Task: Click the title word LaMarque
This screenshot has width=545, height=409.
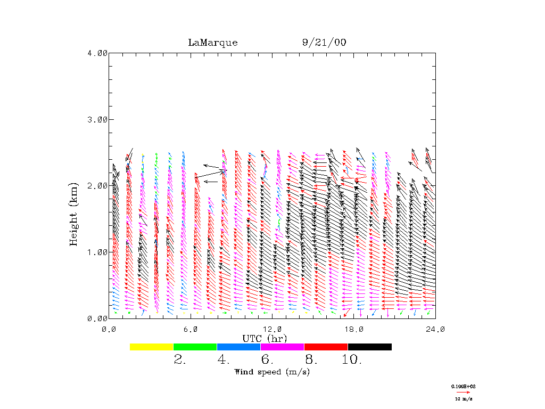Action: [x=212, y=43]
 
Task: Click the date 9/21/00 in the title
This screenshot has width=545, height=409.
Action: [x=324, y=43]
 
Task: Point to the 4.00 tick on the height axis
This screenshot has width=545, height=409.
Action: [x=97, y=53]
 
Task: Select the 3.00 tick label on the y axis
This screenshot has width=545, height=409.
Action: [x=97, y=119]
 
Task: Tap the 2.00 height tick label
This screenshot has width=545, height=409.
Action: [x=97, y=185]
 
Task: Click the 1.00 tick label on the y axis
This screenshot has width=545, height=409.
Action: [x=97, y=252]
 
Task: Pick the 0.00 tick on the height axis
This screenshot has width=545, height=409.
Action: [x=97, y=318]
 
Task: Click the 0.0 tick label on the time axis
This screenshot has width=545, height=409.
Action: [x=109, y=329]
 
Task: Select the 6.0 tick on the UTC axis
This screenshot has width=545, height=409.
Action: [x=190, y=329]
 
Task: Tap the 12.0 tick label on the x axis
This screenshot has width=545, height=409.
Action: [x=272, y=329]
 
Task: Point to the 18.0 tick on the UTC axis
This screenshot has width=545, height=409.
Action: [x=353, y=329]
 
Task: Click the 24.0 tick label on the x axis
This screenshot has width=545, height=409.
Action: [x=435, y=329]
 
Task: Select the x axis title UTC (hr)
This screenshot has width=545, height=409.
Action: [x=265, y=338]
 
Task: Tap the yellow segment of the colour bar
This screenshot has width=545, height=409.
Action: [x=152, y=347]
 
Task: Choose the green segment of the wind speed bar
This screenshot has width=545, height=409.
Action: [x=195, y=347]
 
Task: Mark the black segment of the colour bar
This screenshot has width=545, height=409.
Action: [x=369, y=347]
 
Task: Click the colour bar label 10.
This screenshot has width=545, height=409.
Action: [x=351, y=361]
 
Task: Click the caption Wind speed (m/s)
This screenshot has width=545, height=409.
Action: [x=272, y=372]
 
